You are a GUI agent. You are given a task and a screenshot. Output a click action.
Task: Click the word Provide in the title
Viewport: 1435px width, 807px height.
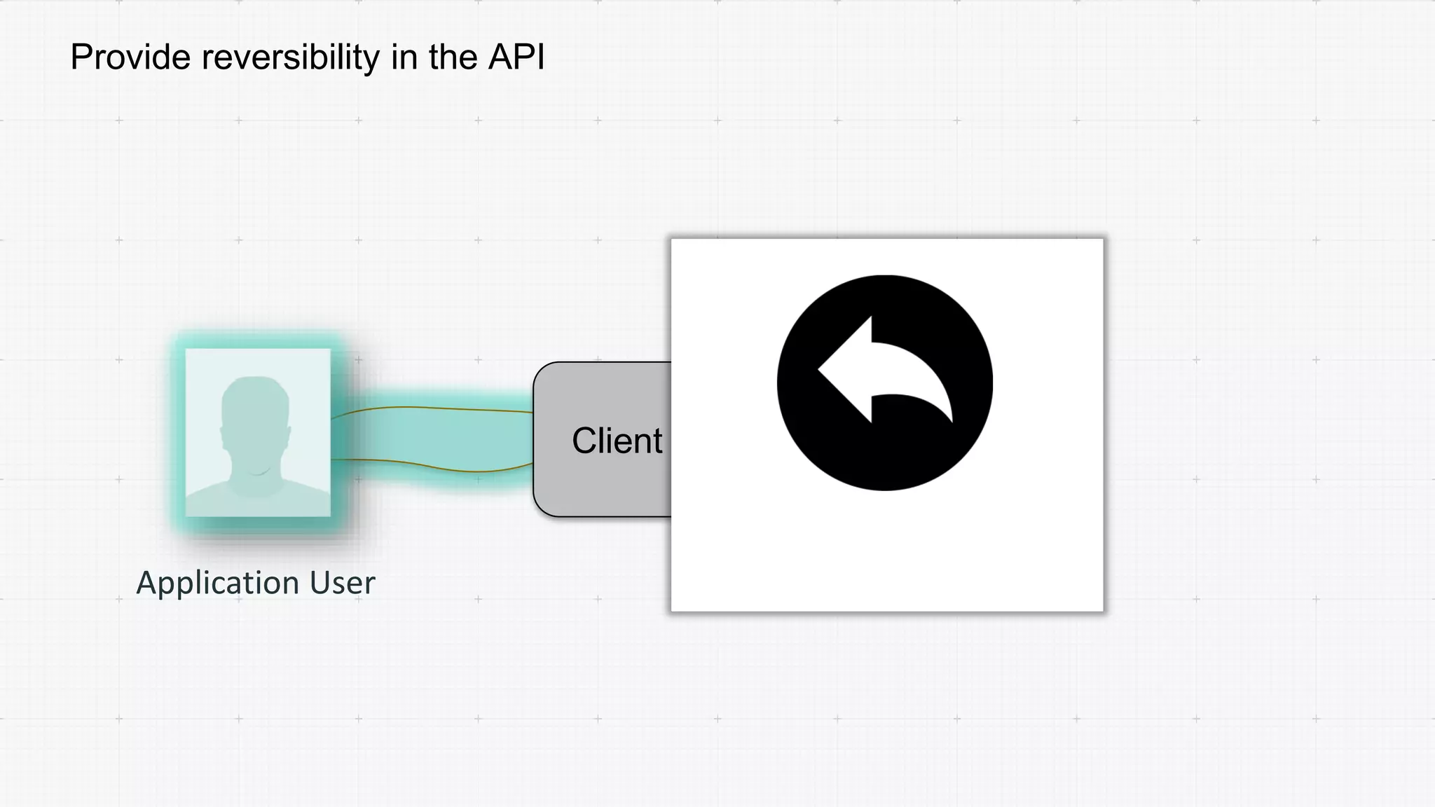coord(130,57)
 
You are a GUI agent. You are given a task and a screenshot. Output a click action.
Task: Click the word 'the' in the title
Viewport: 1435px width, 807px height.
coord(453,57)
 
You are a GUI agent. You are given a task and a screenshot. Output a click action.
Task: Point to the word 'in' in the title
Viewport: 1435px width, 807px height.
coord(404,57)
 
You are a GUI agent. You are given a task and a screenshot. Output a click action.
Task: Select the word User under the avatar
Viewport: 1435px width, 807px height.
coord(343,583)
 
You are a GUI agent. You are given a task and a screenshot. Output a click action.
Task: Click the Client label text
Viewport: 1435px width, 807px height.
coord(617,441)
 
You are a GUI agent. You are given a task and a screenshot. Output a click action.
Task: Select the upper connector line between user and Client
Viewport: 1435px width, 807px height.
coord(434,408)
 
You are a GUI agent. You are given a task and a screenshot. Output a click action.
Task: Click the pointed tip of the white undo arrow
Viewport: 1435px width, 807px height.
coord(821,369)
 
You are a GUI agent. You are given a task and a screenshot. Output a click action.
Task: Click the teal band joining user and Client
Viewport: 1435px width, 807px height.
coord(434,437)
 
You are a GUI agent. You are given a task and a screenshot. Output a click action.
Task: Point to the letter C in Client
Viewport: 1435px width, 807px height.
coord(584,441)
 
